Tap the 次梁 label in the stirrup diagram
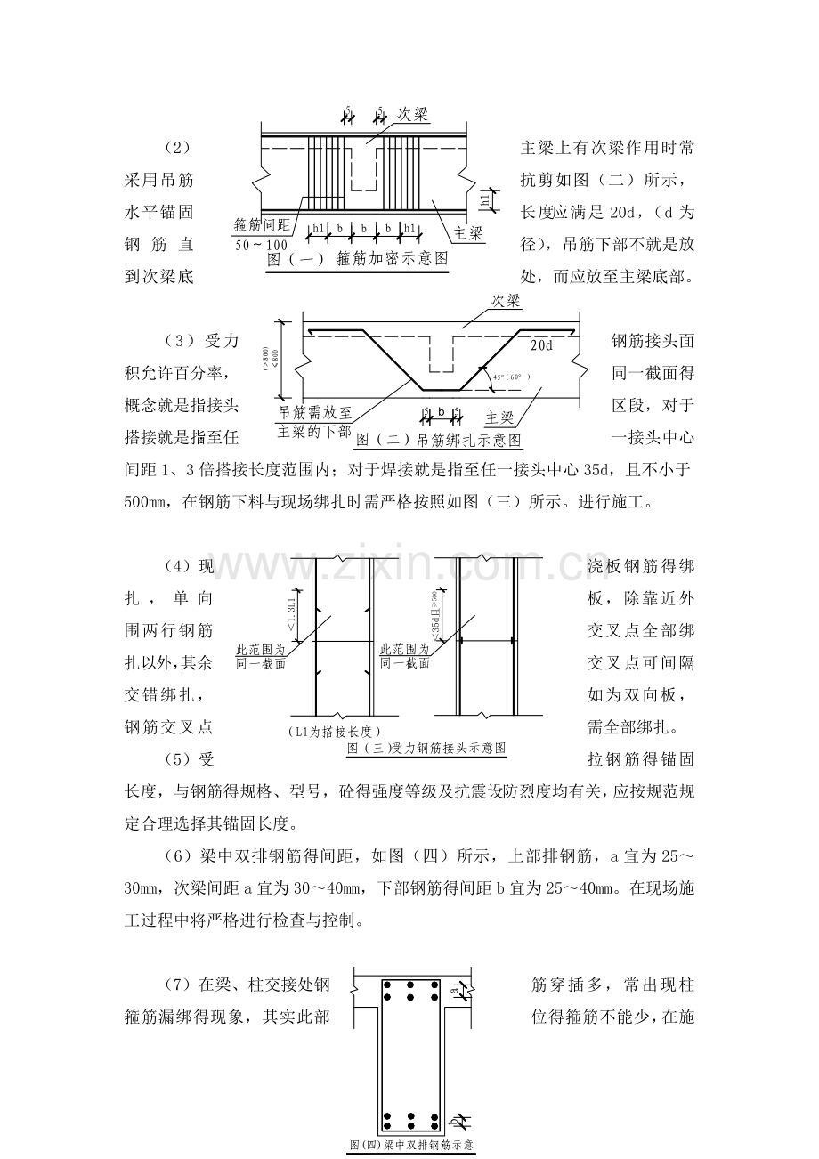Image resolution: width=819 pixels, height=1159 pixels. click(x=413, y=115)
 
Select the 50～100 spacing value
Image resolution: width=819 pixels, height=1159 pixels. click(x=262, y=245)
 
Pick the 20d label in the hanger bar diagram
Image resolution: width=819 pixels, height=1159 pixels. click(x=541, y=344)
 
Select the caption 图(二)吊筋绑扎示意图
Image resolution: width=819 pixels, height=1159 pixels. click(x=438, y=440)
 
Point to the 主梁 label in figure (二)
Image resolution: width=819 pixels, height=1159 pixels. click(x=500, y=417)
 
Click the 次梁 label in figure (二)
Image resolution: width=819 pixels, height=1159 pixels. click(x=507, y=302)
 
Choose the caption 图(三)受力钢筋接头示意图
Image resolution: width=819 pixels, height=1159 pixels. click(x=426, y=749)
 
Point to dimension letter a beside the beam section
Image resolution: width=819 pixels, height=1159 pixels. click(x=454, y=988)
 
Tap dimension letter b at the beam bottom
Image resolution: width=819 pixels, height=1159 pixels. click(x=454, y=1121)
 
